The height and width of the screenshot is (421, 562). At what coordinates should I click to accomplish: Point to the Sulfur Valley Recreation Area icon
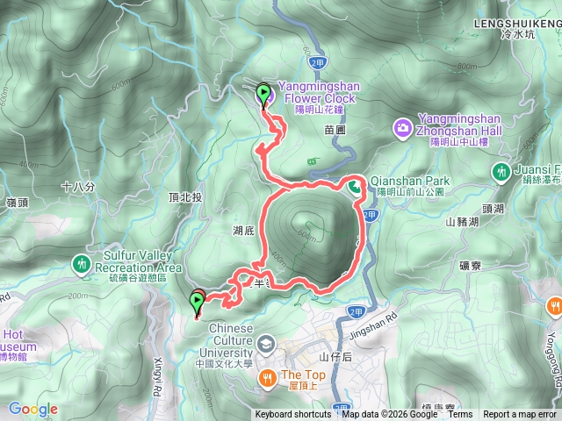82,262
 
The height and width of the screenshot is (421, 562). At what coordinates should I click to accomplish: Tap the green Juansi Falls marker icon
501,170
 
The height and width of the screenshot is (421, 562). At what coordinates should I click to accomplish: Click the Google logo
33,409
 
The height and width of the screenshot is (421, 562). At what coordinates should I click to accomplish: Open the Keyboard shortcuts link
293,415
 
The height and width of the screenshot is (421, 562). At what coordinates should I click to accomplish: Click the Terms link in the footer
460,415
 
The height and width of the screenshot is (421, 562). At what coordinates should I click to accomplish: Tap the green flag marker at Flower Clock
263,93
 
